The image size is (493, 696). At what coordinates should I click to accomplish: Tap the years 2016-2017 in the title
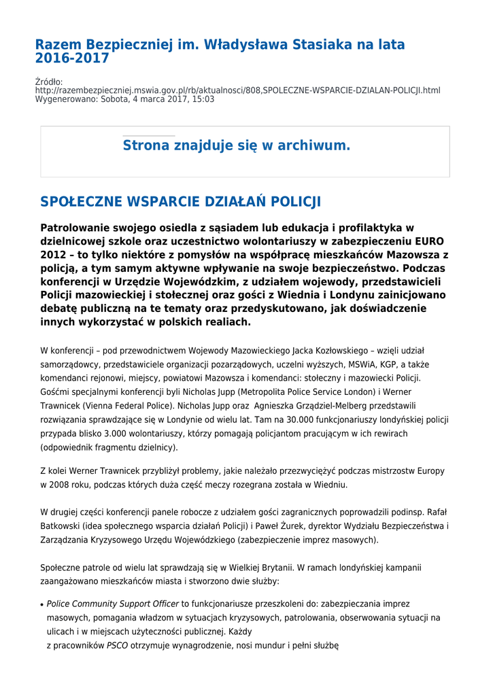(72, 58)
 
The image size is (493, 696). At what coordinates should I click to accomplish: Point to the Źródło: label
(49, 82)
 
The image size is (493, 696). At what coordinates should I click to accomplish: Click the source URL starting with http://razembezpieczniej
(237, 90)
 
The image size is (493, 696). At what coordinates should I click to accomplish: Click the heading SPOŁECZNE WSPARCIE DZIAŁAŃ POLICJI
(180, 202)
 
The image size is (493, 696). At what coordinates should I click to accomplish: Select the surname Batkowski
(63, 526)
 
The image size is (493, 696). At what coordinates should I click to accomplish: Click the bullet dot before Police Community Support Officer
(42, 604)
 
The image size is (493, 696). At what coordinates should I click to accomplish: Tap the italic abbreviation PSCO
(117, 645)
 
